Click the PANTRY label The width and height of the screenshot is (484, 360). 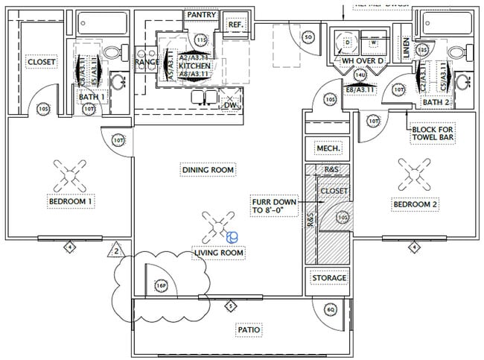tap(202, 14)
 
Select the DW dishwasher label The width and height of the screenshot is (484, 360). tap(230, 105)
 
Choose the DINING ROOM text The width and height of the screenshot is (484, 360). tap(208, 170)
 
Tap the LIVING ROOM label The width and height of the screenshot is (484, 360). tap(220, 253)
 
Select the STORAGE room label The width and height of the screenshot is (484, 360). tap(328, 278)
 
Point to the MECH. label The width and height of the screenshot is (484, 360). tap(328, 149)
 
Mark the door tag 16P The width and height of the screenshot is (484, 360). tap(161, 285)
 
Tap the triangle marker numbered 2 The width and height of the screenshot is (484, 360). tap(117, 250)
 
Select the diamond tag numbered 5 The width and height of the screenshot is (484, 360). tap(231, 305)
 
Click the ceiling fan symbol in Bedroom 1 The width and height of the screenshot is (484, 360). tap(69, 177)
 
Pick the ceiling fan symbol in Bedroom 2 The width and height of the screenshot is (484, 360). tap(411, 174)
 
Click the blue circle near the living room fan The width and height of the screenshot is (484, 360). tap(232, 237)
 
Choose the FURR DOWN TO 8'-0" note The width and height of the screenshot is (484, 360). tap(275, 206)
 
